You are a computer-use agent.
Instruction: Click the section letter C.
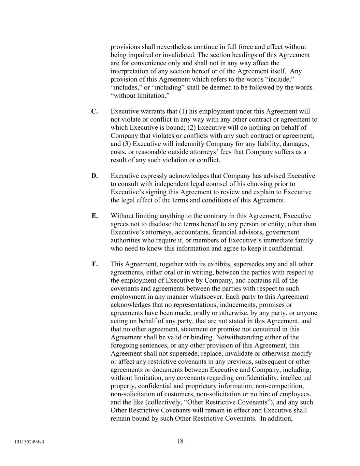(95, 111)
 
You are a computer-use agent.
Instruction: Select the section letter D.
(95, 176)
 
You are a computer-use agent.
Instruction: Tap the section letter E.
(95, 216)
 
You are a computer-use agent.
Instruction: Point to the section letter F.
(95, 264)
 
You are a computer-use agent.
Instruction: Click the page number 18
(180, 441)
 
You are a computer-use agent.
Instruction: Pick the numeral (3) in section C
(127, 144)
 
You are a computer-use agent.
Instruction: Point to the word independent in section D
(154, 184)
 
